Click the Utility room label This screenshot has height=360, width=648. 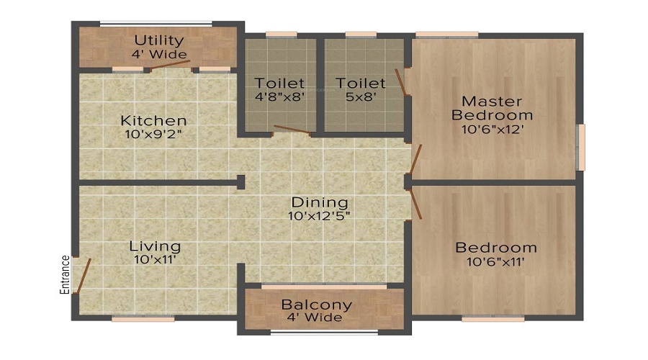(x=159, y=40)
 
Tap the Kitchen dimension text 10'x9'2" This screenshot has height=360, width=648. (x=153, y=135)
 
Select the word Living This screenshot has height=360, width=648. (x=155, y=247)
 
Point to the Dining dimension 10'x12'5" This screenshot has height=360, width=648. (x=320, y=216)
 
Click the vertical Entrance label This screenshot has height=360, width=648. (x=65, y=275)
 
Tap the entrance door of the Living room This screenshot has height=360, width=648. (x=84, y=276)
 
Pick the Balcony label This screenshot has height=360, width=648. (x=317, y=305)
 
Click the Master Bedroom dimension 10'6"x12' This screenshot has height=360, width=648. (x=492, y=130)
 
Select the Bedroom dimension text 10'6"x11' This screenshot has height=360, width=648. (x=495, y=261)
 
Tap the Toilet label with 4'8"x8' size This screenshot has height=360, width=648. (x=280, y=83)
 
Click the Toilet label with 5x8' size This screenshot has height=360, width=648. (x=361, y=83)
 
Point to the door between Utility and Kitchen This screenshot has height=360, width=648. (x=170, y=65)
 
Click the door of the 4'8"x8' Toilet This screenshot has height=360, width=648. (x=292, y=130)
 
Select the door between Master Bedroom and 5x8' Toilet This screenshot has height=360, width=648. (x=400, y=82)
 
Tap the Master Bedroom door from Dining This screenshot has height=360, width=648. (x=415, y=158)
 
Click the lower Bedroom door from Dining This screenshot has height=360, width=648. (x=415, y=204)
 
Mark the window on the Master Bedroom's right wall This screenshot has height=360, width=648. (x=581, y=147)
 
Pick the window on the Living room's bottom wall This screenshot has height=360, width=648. (x=143, y=318)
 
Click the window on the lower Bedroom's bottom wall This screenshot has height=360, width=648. (x=492, y=318)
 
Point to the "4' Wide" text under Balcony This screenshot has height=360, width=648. (x=315, y=318)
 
